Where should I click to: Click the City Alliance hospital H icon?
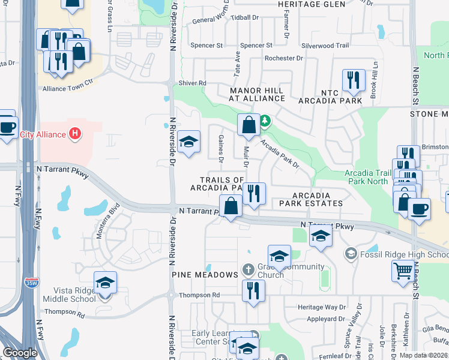74,133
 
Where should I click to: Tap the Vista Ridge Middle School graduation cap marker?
105,283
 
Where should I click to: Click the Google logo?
20,353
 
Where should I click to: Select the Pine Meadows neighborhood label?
205,274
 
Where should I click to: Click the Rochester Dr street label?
284,58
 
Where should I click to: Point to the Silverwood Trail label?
325,46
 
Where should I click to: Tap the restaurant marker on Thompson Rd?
253,292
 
